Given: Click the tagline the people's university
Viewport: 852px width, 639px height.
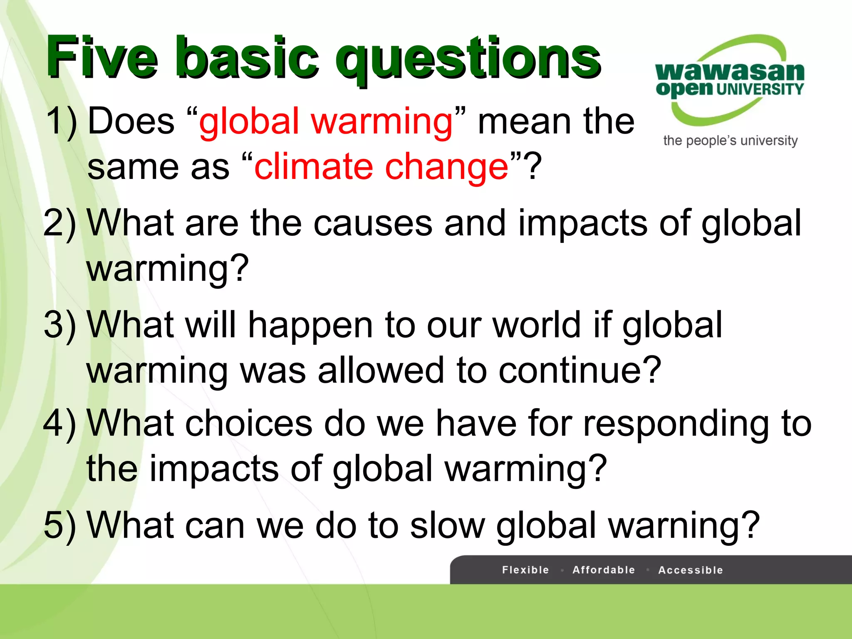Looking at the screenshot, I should tap(730, 141).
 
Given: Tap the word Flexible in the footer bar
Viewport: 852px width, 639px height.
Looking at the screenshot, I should tap(525, 570).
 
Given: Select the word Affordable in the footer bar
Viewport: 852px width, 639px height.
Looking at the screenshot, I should tap(604, 570).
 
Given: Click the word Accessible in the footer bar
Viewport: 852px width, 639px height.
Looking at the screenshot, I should tap(691, 570).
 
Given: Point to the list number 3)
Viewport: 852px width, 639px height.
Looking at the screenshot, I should tap(60, 325).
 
